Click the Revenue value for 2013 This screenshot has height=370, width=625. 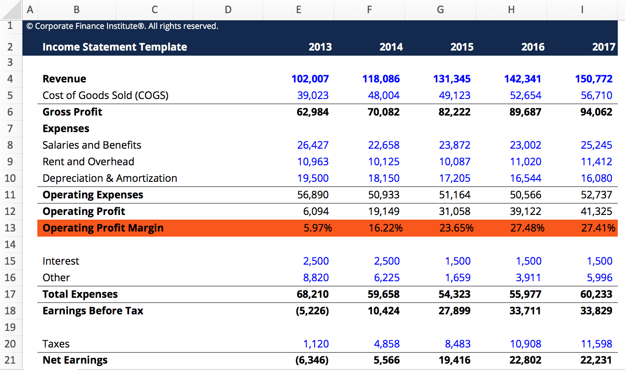(310, 79)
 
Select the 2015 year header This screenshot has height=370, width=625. (462, 47)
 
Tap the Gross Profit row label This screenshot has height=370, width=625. (72, 112)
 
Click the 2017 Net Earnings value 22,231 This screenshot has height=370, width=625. (596, 360)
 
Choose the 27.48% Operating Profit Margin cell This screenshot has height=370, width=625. (527, 228)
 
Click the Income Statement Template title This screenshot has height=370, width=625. (115, 47)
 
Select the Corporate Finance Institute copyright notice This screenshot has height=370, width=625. (122, 26)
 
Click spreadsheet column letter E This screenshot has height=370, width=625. (298, 10)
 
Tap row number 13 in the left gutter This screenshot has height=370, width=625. (10, 228)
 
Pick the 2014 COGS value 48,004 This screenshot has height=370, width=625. (383, 96)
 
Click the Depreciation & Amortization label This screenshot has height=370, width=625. (110, 178)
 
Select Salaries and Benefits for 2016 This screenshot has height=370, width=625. (525, 145)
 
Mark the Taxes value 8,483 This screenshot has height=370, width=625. (457, 344)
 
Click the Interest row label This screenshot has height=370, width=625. (61, 261)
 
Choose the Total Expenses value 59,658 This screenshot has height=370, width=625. (383, 294)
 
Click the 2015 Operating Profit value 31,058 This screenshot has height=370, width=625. (454, 212)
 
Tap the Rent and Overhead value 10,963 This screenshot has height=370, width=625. (312, 162)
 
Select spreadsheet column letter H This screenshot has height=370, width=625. (511, 10)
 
